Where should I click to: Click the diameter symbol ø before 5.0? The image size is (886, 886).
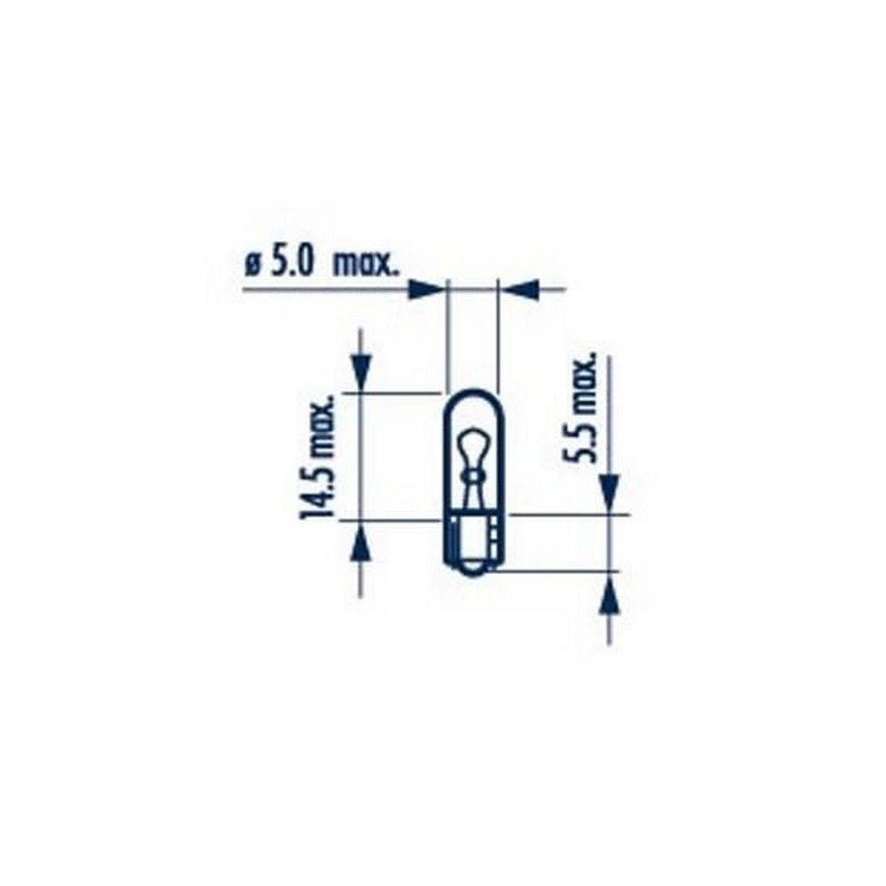click(253, 264)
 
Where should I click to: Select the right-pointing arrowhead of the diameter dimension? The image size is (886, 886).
click(426, 289)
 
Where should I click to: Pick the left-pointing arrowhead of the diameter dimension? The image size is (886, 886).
click(521, 289)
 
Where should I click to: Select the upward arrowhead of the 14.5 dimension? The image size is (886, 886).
click(359, 542)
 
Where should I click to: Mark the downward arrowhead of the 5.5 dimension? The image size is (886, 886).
click(609, 490)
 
